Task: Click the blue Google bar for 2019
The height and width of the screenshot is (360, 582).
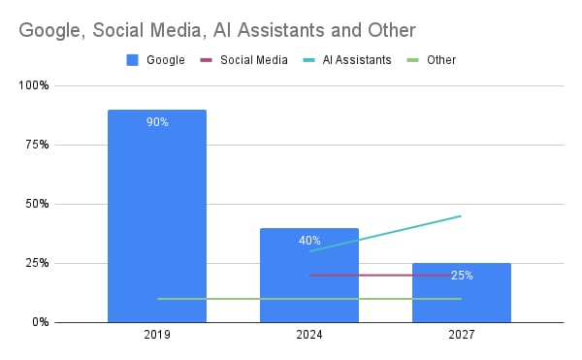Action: pyautogui.click(x=157, y=213)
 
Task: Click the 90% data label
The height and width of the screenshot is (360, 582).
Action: pyautogui.click(x=157, y=122)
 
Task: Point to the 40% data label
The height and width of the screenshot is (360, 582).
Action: pyautogui.click(x=309, y=241)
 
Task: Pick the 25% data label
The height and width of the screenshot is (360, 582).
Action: pyautogui.click(x=462, y=276)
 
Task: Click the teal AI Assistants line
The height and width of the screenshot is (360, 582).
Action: pyautogui.click(x=388, y=233)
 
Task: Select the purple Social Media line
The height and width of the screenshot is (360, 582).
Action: pyautogui.click(x=388, y=275)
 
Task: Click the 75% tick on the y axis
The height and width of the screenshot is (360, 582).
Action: pyautogui.click(x=38, y=145)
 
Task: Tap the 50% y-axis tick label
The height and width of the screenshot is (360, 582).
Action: pyautogui.click(x=38, y=204)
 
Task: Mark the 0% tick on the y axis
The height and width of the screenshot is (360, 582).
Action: pyautogui.click(x=41, y=322)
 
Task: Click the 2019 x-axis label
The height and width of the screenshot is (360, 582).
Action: pyautogui.click(x=157, y=335)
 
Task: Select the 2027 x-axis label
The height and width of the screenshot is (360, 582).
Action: pyautogui.click(x=462, y=335)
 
